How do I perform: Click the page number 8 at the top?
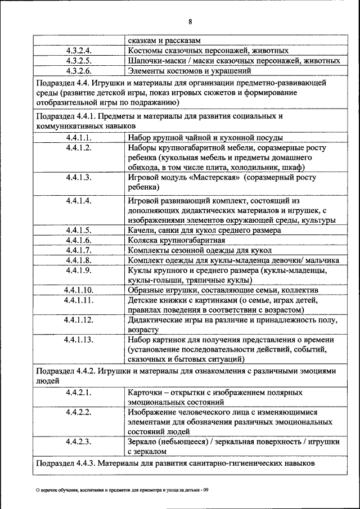pyautogui.click(x=190, y=22)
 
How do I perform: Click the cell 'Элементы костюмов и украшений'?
pyautogui.click(x=188, y=71)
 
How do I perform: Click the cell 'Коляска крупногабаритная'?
pyautogui.click(x=177, y=240)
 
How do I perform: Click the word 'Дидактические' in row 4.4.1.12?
pyautogui.click(x=156, y=321)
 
